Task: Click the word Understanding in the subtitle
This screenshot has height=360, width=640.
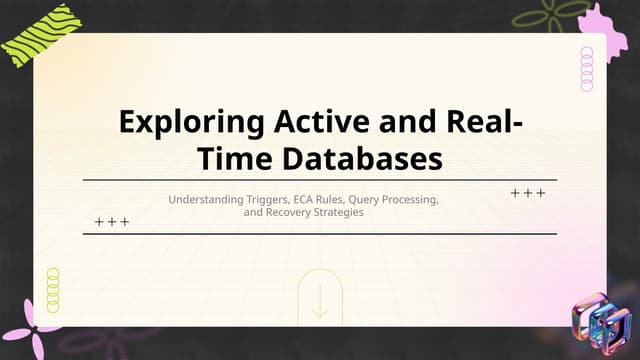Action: coord(205,200)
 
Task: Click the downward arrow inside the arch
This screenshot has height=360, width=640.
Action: coord(320,303)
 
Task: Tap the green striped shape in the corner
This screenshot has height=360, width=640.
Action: coord(37,38)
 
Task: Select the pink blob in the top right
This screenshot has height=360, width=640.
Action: coord(602,25)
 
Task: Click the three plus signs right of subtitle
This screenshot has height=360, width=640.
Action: coord(527,192)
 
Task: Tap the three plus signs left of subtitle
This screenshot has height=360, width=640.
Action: coord(112,221)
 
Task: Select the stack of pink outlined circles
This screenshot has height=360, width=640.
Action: coord(587,69)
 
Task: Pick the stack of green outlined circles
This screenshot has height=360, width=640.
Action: coord(53,290)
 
